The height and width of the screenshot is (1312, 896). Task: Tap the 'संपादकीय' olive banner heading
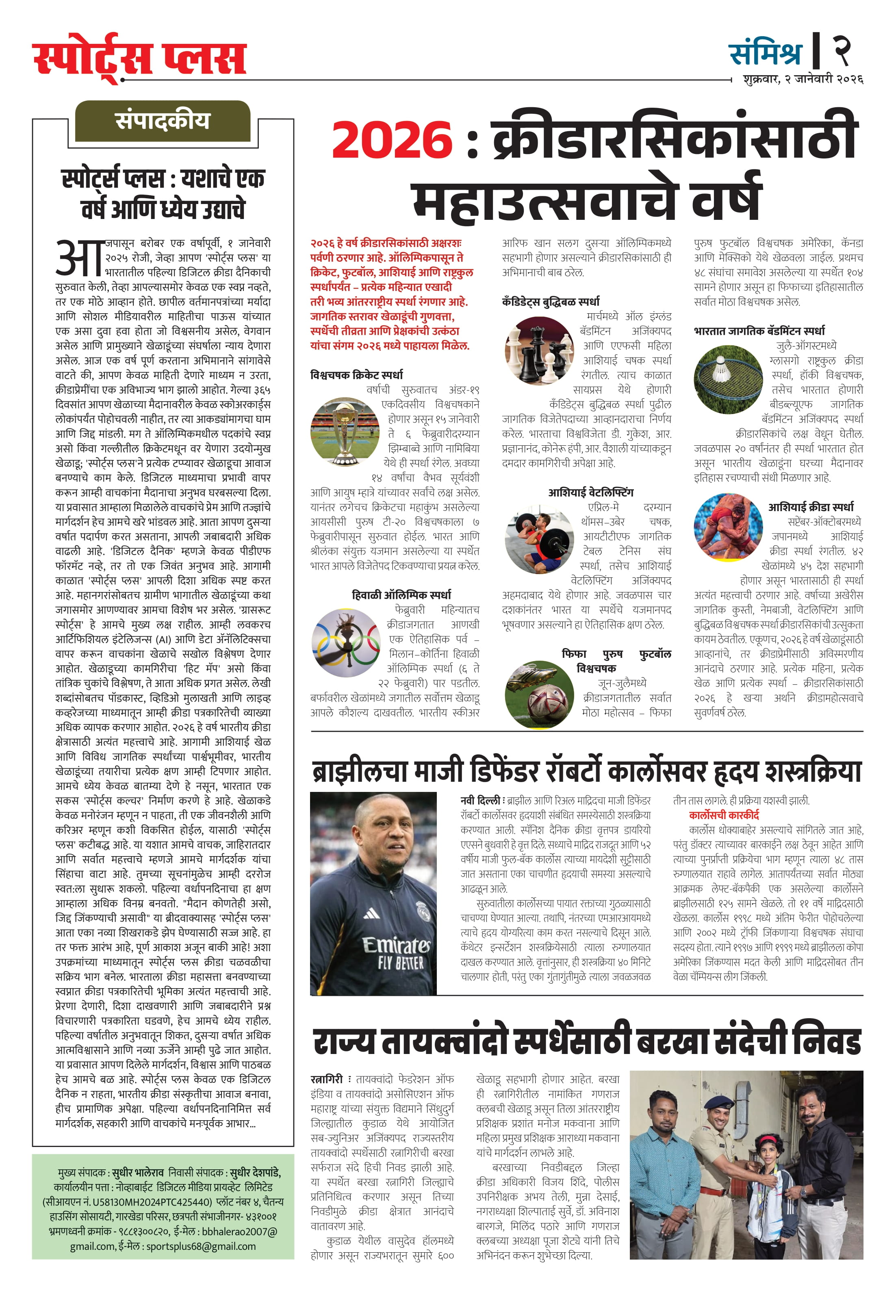[x=163, y=121]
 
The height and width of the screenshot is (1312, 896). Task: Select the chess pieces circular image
[x=539, y=350]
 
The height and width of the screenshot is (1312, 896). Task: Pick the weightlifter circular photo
[x=539, y=540]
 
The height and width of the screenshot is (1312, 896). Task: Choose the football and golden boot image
[x=539, y=693]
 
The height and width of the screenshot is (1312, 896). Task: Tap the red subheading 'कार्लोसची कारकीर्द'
[x=724, y=815]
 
